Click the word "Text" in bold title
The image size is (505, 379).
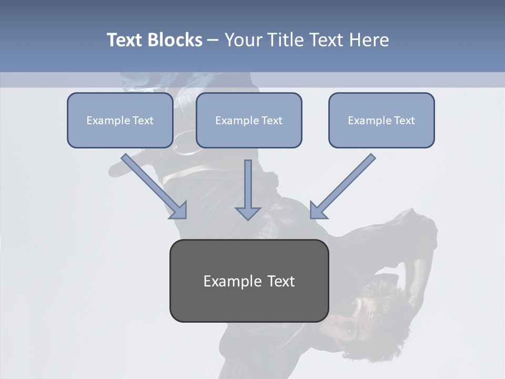[x=125, y=40]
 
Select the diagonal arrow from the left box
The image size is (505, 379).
[x=153, y=184]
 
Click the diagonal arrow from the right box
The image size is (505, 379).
[x=344, y=184]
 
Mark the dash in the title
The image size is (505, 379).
[x=213, y=40]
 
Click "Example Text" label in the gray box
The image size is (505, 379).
[x=249, y=281]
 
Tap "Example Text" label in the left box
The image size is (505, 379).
[x=120, y=121]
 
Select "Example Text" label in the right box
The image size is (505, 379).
[x=381, y=121]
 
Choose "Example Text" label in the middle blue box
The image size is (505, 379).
[x=249, y=121]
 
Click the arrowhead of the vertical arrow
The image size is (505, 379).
[x=248, y=213]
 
